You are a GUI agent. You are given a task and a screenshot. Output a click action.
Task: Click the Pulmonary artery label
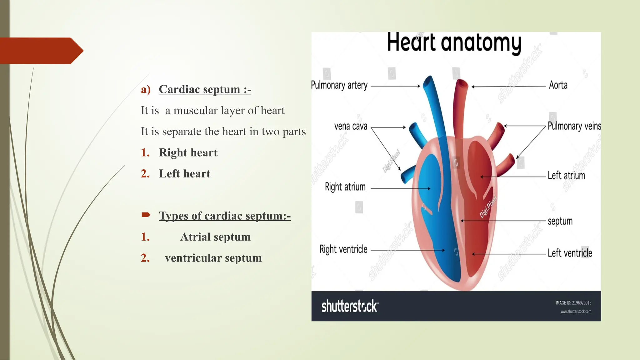(339, 85)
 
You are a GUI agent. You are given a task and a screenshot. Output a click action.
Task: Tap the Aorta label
(558, 85)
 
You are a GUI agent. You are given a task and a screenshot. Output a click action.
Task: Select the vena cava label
(351, 126)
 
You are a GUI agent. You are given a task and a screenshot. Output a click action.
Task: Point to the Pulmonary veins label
(574, 126)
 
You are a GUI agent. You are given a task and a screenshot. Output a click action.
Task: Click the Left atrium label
(566, 175)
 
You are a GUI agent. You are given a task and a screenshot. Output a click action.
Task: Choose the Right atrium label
(345, 187)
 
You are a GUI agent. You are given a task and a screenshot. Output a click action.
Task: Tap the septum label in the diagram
(560, 221)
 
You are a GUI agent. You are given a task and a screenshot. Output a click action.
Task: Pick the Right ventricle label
(343, 249)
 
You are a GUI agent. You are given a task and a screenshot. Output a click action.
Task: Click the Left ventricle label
(570, 253)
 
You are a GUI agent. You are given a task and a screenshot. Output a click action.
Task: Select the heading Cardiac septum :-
(205, 89)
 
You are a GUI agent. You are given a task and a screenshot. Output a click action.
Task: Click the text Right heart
(188, 152)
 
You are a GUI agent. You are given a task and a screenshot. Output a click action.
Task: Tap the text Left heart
(184, 174)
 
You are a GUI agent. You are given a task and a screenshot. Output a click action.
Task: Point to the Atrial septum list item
(215, 237)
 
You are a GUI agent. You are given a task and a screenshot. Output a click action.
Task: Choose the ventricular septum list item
(213, 258)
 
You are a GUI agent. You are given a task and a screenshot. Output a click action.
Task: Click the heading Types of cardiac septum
(224, 216)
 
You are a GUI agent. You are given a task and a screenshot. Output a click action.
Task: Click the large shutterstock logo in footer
(350, 306)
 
